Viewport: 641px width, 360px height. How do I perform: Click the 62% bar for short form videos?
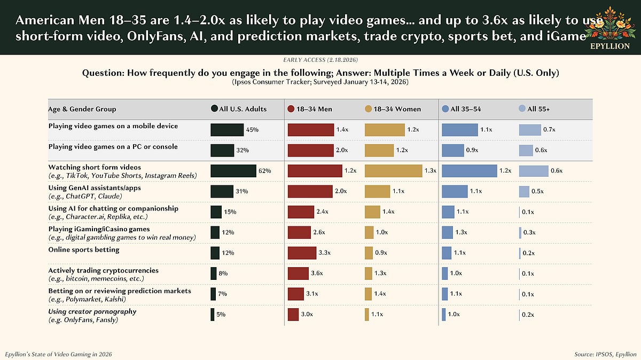(233, 171)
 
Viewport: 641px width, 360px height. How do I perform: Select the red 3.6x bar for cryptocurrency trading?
(298, 273)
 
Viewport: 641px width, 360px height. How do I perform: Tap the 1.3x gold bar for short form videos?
(393, 171)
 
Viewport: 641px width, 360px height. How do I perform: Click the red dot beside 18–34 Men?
(291, 109)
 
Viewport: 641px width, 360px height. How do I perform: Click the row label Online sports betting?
(83, 250)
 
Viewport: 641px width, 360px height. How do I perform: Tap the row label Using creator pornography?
(92, 311)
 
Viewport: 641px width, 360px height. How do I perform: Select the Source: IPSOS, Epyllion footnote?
(605, 354)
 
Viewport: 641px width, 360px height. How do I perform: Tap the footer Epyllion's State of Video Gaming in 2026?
(59, 354)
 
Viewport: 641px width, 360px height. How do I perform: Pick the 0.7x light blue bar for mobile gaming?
(530, 130)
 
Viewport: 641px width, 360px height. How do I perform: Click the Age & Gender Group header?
(82, 109)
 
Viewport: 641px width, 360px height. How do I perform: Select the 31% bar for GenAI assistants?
(222, 191)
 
